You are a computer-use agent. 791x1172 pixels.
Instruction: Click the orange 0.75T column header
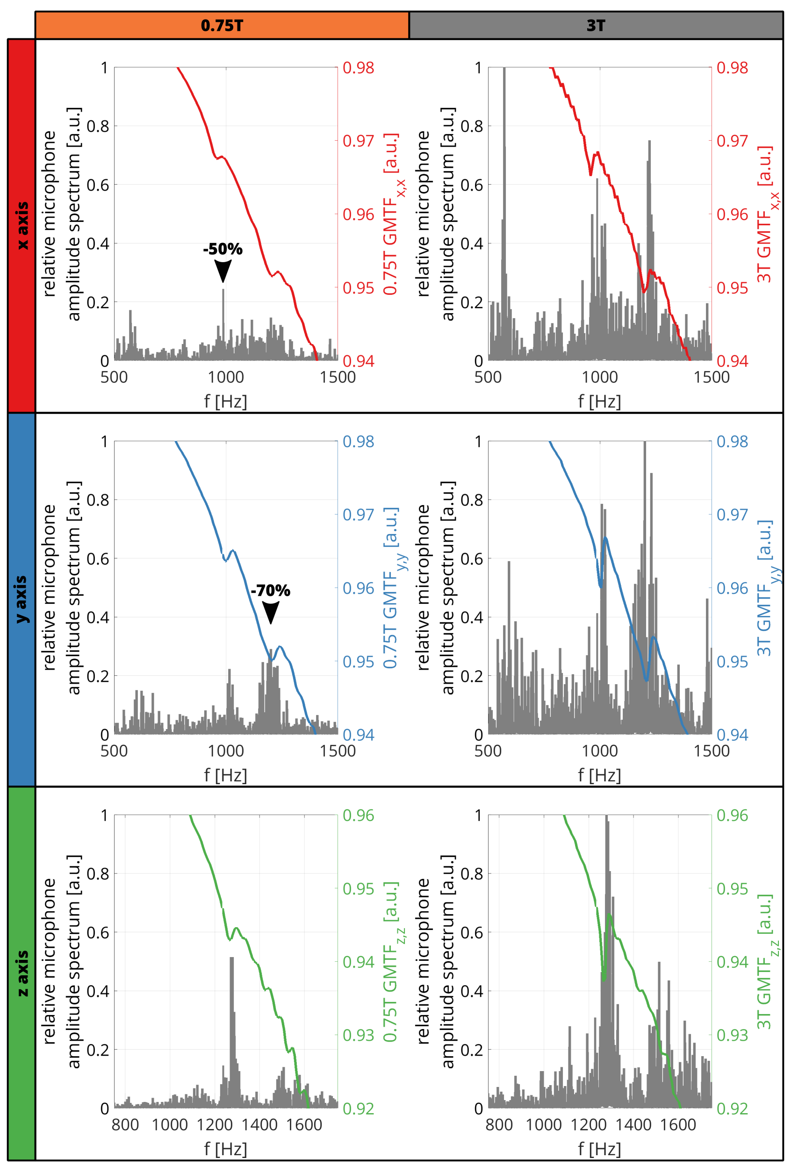click(x=222, y=25)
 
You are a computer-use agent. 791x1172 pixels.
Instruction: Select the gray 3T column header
click(x=596, y=25)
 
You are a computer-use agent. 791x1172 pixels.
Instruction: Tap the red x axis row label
click(x=22, y=225)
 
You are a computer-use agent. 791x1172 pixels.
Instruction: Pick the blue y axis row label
click(x=22, y=599)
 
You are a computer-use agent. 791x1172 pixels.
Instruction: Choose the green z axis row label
click(x=22, y=973)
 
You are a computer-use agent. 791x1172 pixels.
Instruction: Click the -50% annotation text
click(x=223, y=249)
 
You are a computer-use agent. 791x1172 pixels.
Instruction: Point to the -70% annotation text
click(x=270, y=591)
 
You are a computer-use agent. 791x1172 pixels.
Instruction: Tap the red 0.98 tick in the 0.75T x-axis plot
click(x=358, y=68)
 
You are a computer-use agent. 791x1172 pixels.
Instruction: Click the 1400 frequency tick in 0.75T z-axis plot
click(x=259, y=1125)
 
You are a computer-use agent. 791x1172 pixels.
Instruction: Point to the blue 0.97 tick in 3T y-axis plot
click(x=732, y=515)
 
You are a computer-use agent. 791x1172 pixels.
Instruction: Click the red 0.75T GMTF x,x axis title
click(x=393, y=214)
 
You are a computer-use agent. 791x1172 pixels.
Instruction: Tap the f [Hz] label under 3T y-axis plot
click(x=599, y=775)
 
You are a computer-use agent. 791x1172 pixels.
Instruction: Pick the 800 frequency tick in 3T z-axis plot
click(x=499, y=1125)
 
